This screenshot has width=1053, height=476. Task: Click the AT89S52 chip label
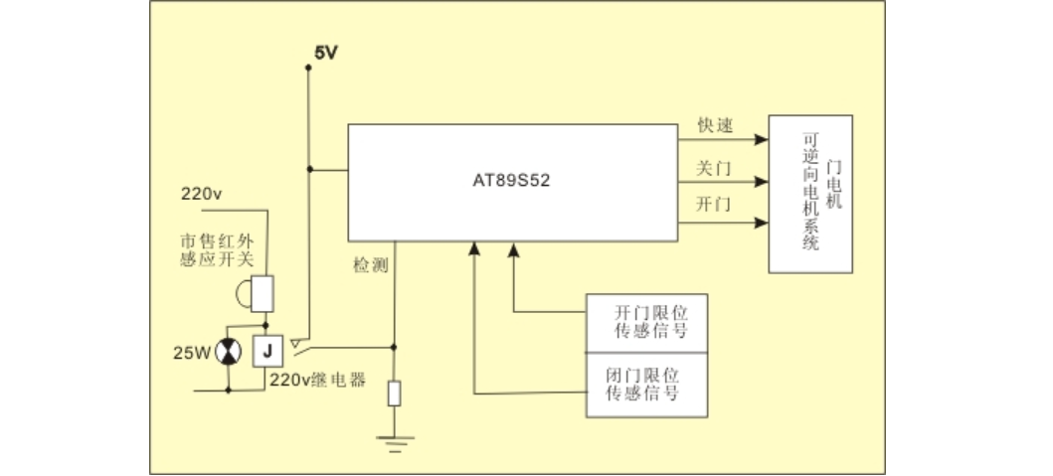[x=511, y=181]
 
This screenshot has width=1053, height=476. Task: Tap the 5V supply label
[x=326, y=53]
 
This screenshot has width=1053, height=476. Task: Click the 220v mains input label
[x=201, y=194]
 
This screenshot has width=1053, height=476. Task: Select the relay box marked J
[x=267, y=351]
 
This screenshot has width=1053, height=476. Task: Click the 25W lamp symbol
[x=229, y=352]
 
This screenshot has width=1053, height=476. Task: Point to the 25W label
[x=192, y=353]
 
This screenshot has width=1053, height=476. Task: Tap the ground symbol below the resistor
[x=394, y=444]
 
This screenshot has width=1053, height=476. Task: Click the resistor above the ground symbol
[x=394, y=393]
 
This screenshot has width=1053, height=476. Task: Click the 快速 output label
[x=715, y=125]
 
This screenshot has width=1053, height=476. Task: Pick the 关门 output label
[x=713, y=168]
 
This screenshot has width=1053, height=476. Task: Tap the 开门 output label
[x=713, y=204]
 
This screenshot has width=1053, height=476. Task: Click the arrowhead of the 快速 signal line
[x=761, y=140]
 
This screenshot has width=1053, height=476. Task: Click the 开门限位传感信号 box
[x=646, y=323]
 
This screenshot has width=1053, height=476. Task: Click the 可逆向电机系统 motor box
[x=810, y=194]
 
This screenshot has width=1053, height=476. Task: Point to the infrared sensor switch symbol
[x=256, y=294]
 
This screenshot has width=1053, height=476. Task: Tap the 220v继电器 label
[x=318, y=380]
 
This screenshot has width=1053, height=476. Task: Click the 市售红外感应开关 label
[x=218, y=249]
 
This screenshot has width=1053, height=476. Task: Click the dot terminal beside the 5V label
[x=308, y=68]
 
